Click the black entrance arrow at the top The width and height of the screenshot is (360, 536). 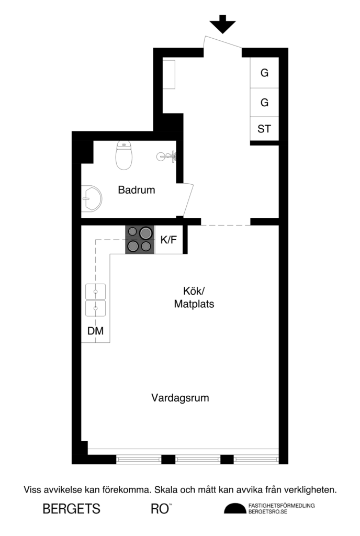tap(222, 24)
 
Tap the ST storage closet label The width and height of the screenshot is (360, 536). tap(264, 128)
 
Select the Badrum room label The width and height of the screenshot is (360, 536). tap(137, 190)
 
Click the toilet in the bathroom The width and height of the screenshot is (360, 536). tap(123, 155)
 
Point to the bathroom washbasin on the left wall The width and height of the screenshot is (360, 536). tap(91, 199)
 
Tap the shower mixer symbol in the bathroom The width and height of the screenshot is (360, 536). tap(168, 155)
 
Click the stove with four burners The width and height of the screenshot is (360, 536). tap(140, 239)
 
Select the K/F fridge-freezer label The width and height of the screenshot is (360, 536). tap(168, 240)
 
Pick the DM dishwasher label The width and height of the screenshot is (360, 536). tap(95, 331)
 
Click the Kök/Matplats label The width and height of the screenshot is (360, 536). tap(194, 297)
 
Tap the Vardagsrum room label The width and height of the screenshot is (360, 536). tap(180, 398)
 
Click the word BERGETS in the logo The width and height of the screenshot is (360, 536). tap(71, 508)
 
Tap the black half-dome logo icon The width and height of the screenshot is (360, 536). tap(234, 508)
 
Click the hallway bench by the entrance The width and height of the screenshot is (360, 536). tap(169, 74)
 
